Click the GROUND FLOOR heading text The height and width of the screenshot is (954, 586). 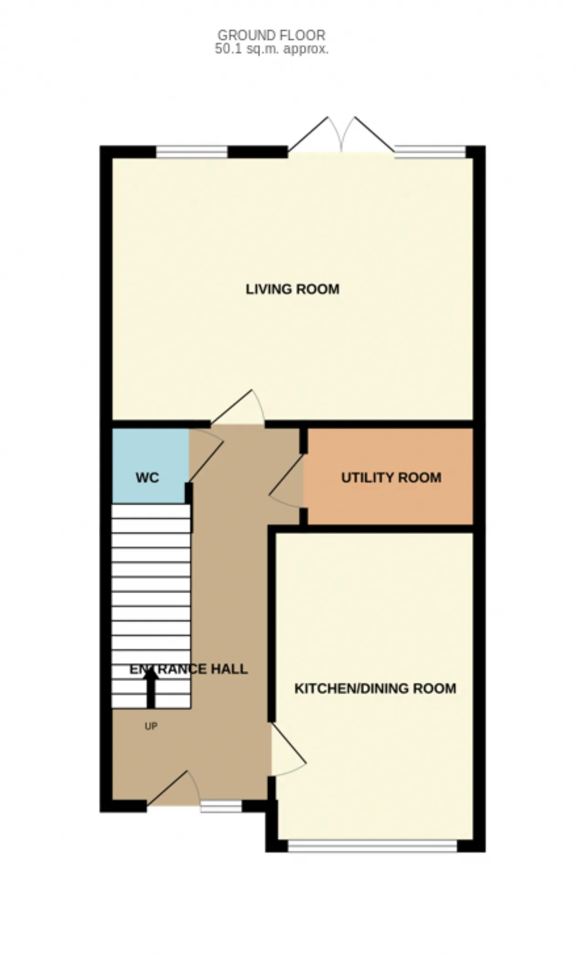click(x=271, y=35)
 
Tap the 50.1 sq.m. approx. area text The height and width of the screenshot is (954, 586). click(x=271, y=49)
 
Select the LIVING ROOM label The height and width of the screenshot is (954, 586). click(x=293, y=289)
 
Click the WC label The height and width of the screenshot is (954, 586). click(x=147, y=478)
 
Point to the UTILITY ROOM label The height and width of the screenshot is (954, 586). click(x=391, y=477)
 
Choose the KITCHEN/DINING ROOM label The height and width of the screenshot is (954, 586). click(x=375, y=688)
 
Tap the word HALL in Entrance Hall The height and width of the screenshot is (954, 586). click(x=229, y=669)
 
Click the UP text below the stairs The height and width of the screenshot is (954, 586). click(x=151, y=726)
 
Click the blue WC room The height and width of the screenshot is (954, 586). click(x=151, y=466)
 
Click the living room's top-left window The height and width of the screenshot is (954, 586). click(x=192, y=151)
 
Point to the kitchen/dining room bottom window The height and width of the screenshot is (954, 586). click(x=373, y=846)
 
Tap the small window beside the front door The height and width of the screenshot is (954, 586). click(x=221, y=806)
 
